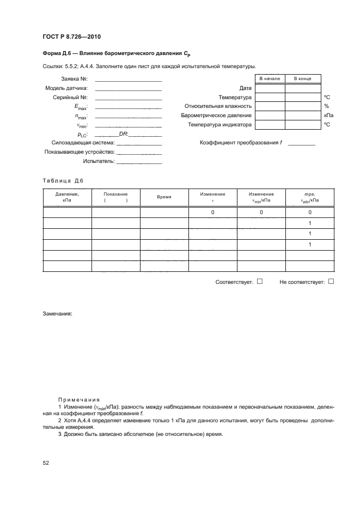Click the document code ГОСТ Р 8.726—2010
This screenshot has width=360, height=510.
[71, 37]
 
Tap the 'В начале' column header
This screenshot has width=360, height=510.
[270, 79]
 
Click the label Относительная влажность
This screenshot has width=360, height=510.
[218, 106]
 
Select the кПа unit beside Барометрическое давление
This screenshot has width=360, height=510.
[328, 116]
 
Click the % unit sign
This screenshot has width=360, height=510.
[326, 106]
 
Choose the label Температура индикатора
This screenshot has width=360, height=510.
[219, 125]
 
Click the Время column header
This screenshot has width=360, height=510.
[164, 197]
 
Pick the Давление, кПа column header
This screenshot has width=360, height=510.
[67, 197]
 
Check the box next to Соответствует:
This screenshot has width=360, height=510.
[260, 282]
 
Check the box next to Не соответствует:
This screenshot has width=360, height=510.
[331, 282]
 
